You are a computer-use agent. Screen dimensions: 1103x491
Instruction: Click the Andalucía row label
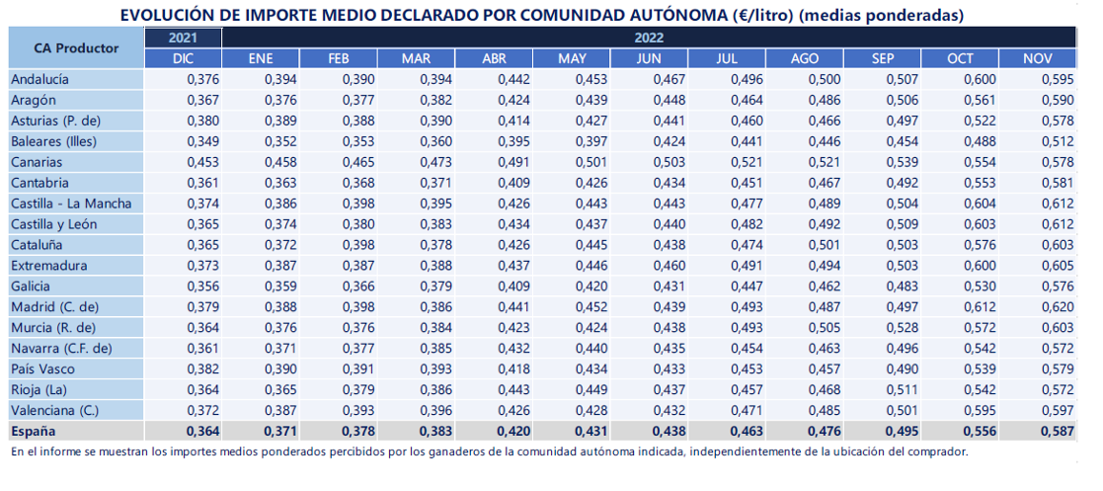coord(39,79)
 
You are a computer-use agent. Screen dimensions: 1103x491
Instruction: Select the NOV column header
coord(1038,58)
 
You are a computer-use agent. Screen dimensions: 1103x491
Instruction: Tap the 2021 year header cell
coord(183,38)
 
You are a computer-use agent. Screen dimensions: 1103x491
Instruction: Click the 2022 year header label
coord(650,38)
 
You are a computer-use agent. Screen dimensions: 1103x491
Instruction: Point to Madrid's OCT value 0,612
coord(981,307)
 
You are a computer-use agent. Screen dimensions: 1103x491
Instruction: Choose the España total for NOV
coord(1059,431)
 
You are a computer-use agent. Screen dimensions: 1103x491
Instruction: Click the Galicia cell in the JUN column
coord(670,286)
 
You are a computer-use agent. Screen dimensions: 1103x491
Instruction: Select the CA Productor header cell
coord(77,47)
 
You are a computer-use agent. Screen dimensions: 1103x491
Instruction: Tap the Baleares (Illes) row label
coord(53,141)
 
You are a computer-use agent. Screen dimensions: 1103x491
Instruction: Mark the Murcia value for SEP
coord(903,328)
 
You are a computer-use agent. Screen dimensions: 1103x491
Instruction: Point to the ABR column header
coord(494,58)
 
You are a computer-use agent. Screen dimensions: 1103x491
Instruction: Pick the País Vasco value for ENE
coord(281,369)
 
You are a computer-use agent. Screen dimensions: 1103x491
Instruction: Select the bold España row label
coord(33,431)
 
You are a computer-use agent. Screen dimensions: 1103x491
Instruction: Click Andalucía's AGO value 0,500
coord(826,79)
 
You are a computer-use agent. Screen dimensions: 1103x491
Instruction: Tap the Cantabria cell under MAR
coord(436,183)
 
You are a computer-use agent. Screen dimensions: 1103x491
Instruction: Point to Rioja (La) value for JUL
coord(748,389)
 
